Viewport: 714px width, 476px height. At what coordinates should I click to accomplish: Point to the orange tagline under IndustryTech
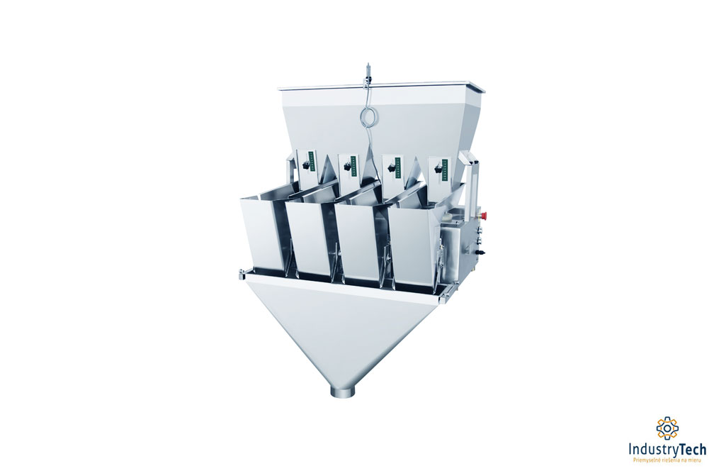coord(667,461)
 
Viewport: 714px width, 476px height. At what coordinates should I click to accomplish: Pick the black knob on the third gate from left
coord(390,170)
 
